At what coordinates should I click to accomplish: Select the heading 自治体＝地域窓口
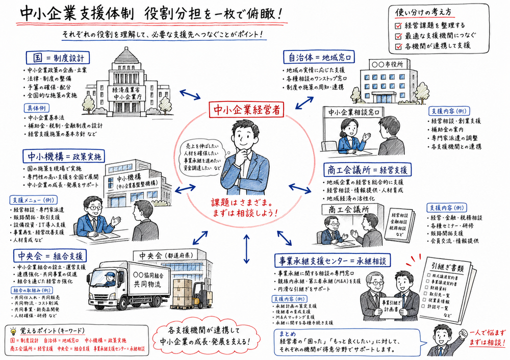tap(319, 57)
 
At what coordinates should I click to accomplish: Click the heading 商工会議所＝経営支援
tap(365, 169)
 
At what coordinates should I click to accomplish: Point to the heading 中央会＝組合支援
tap(49, 255)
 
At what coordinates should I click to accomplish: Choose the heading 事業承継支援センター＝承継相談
tap(332, 261)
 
